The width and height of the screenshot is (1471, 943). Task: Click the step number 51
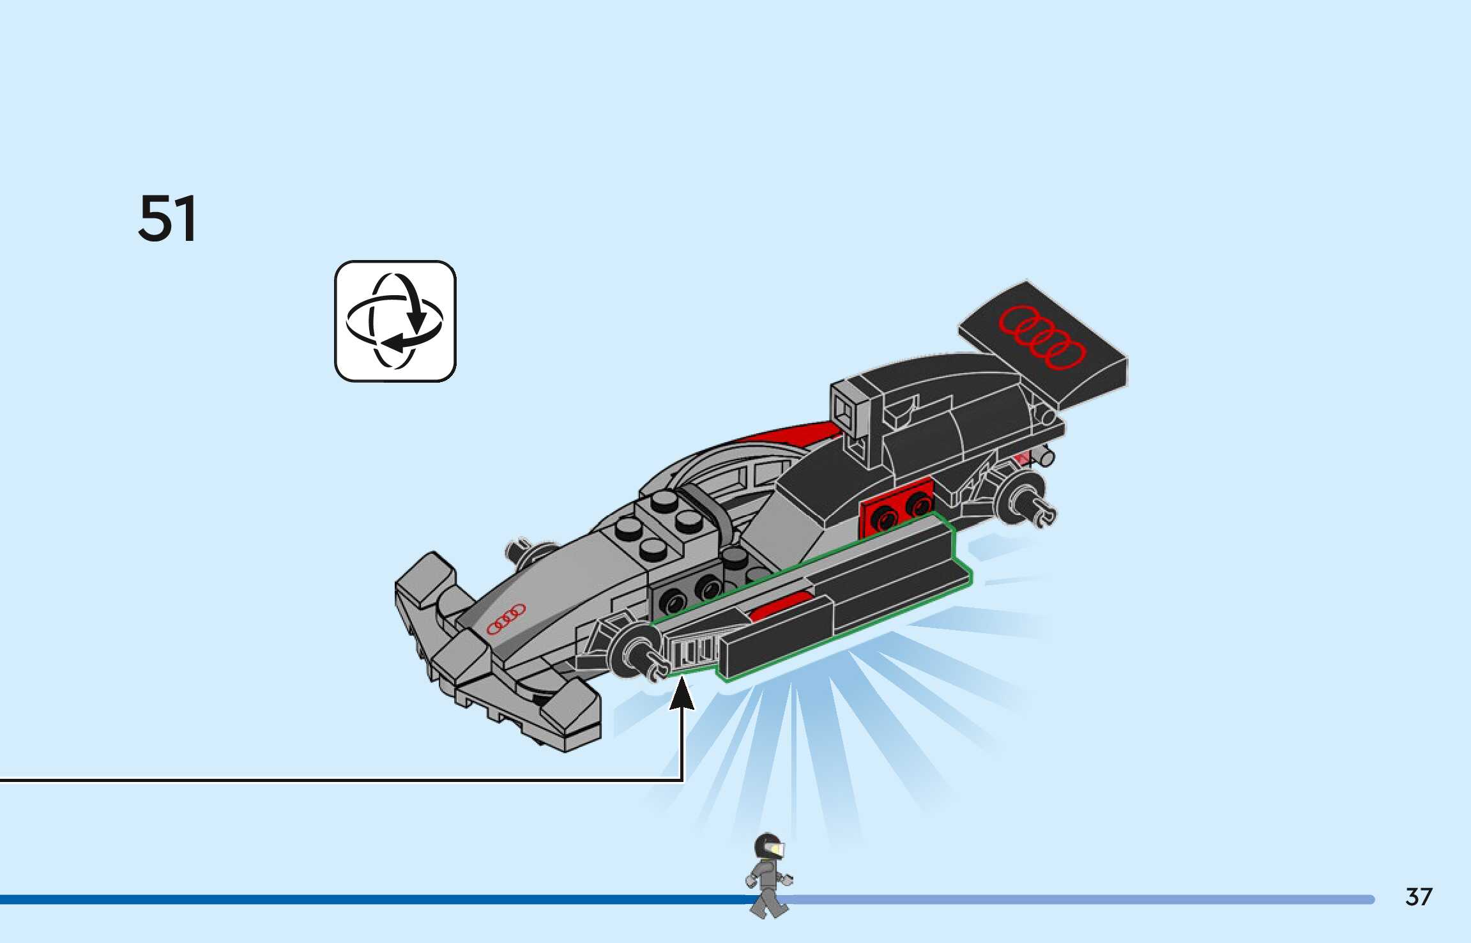pos(167,219)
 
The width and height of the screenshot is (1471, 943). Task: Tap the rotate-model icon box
pos(395,321)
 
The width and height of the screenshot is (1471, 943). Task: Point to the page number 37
pos(1418,896)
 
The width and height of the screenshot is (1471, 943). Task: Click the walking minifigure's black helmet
pos(768,845)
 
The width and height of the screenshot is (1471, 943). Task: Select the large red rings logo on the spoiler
pos(1041,337)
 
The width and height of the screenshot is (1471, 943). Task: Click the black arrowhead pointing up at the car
pos(682,694)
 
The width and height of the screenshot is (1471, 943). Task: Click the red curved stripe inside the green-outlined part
pos(781,604)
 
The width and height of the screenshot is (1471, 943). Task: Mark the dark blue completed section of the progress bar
pos(370,900)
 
